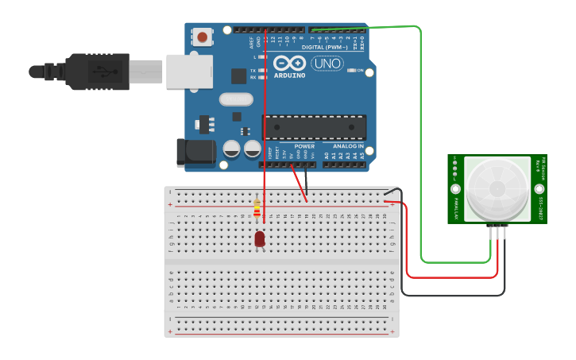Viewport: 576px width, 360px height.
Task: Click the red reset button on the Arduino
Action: tap(203, 37)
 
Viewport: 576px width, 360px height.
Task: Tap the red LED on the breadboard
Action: tap(260, 238)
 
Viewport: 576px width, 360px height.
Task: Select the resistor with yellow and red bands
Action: tap(256, 209)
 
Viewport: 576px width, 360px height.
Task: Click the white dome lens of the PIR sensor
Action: tap(497, 189)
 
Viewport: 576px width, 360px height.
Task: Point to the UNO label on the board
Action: tap(327, 64)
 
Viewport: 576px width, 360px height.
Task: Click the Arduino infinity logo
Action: tap(289, 63)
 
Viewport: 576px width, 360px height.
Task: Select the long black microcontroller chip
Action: tap(315, 127)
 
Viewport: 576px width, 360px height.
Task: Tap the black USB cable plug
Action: tap(95, 71)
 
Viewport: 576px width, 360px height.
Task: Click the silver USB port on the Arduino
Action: tap(189, 72)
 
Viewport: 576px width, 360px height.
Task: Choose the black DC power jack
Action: tap(194, 152)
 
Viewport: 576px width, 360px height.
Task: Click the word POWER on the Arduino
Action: tap(304, 146)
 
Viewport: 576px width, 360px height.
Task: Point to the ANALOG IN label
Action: tap(348, 146)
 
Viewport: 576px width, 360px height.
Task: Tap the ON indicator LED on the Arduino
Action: tap(351, 71)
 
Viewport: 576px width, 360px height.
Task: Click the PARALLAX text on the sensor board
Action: tap(457, 209)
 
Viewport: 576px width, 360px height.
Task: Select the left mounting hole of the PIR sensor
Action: tap(455, 189)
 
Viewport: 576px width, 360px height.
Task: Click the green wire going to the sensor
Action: tap(420, 143)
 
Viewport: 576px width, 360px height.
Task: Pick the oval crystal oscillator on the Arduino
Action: tap(236, 99)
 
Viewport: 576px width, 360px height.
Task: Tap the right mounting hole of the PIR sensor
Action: tap(539, 189)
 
